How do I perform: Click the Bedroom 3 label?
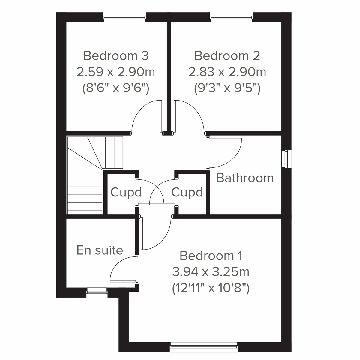point(116,56)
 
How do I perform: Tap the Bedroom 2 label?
point(227,56)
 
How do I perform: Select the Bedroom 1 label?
point(211,256)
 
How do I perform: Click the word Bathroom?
point(245,178)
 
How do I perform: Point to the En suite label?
point(100,250)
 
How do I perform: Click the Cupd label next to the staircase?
point(126,192)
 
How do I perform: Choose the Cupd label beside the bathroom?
point(187,192)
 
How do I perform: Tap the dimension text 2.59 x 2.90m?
point(116,72)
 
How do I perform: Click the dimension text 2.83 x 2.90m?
point(227,72)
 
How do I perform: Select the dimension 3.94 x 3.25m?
point(211,272)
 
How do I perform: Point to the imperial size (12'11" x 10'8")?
point(211,289)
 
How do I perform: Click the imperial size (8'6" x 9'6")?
point(116,88)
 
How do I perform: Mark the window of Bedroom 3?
point(124,17)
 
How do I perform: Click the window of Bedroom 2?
point(231,17)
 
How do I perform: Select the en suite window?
point(97,293)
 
